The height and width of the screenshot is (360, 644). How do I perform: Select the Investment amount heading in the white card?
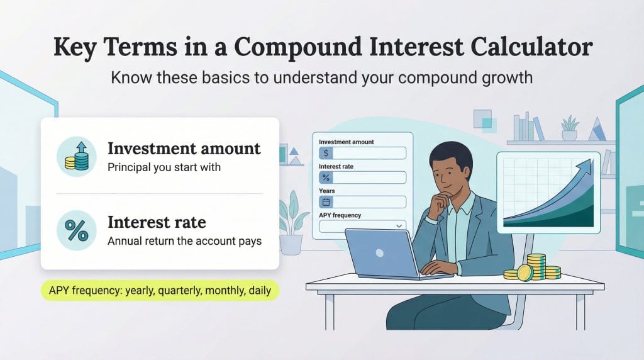[x=184, y=149]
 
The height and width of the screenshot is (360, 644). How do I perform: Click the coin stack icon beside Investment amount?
[x=77, y=157]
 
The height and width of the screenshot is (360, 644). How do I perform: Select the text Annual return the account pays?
[x=184, y=240]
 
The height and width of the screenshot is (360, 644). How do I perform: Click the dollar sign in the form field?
[x=326, y=153]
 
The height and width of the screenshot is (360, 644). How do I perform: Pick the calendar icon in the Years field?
[x=326, y=202]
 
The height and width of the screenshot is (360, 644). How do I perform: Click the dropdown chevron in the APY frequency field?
[x=398, y=225]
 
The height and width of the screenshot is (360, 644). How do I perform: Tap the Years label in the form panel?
[x=327, y=191]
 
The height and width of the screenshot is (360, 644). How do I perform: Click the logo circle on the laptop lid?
[x=379, y=252]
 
